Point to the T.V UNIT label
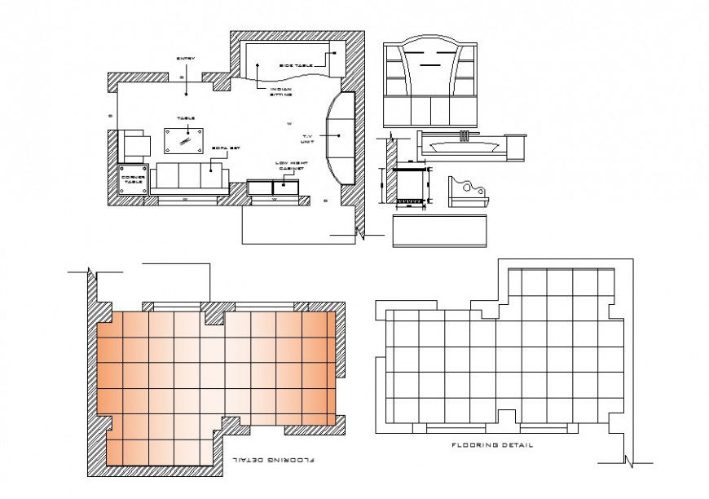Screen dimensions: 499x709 308,138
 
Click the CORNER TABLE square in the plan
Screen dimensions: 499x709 133,179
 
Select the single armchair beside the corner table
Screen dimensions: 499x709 136,146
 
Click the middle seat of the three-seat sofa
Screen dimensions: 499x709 188,176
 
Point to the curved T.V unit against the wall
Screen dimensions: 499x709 341,137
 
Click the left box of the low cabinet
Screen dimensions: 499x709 259,188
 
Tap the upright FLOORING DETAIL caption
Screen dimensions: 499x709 493,445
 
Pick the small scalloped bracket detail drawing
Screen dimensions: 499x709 467,190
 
